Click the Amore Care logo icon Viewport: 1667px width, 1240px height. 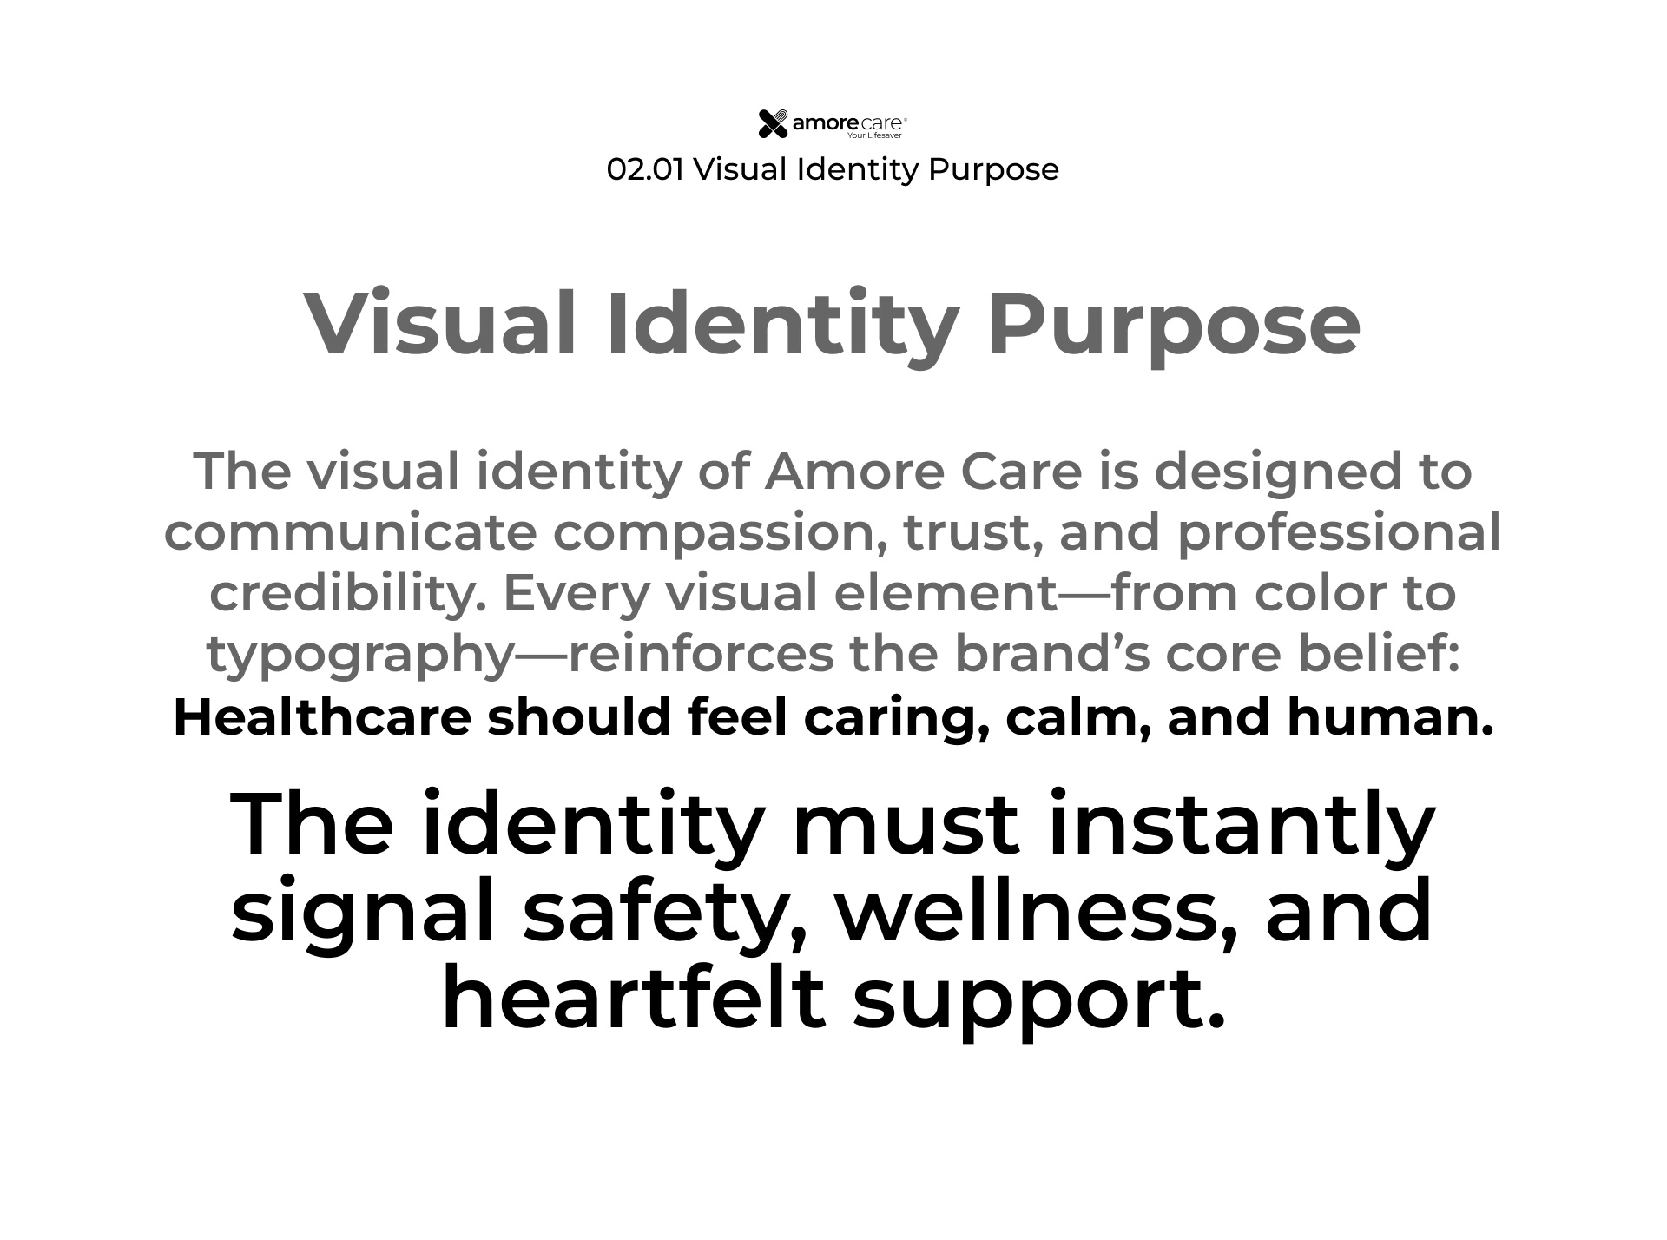773,124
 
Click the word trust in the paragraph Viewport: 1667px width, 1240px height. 972,531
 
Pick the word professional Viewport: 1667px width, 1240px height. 1339,531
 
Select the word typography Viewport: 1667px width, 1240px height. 360,655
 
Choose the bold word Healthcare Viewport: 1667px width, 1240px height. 322,717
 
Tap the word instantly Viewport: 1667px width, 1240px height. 1242,825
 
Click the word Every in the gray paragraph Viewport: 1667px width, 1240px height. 575,594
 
